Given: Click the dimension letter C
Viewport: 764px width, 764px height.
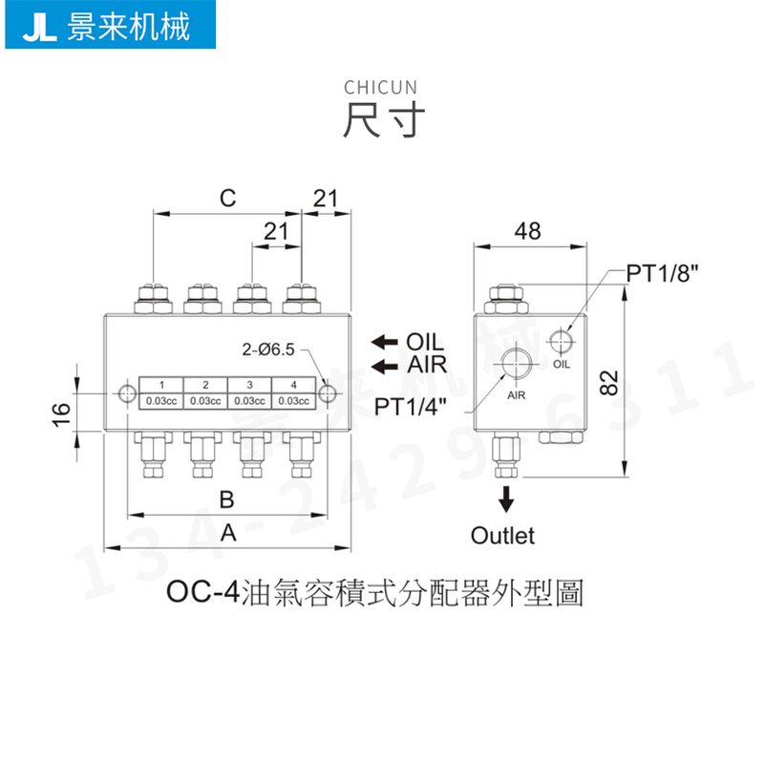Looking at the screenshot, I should (226, 199).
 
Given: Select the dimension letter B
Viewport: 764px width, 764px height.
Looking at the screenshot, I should (226, 499).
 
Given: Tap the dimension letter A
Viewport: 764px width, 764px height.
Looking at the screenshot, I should (227, 534).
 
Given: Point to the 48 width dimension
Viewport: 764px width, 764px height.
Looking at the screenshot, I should (526, 231).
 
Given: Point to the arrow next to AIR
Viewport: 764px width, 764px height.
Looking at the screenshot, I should (384, 365).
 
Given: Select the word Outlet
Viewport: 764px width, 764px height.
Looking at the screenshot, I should (502, 535).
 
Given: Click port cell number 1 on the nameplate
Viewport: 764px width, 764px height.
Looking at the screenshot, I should (161, 384).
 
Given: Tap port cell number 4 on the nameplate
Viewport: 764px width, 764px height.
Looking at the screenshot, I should (293, 384).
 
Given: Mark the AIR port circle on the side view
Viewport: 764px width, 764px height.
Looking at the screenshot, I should (517, 364).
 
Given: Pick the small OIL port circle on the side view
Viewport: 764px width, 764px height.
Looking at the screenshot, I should (561, 341).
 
